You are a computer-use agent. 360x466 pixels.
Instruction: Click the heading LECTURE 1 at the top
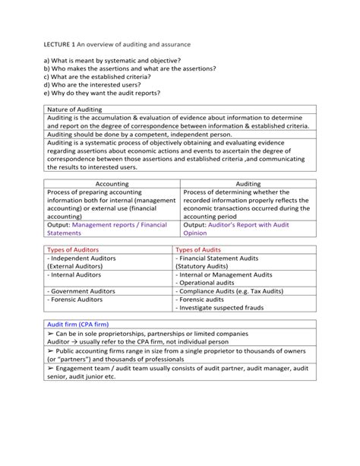tap(64, 45)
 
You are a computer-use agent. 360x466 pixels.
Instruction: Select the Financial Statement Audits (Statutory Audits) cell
tap(228, 262)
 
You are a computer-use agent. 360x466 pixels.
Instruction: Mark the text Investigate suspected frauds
tap(222, 308)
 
